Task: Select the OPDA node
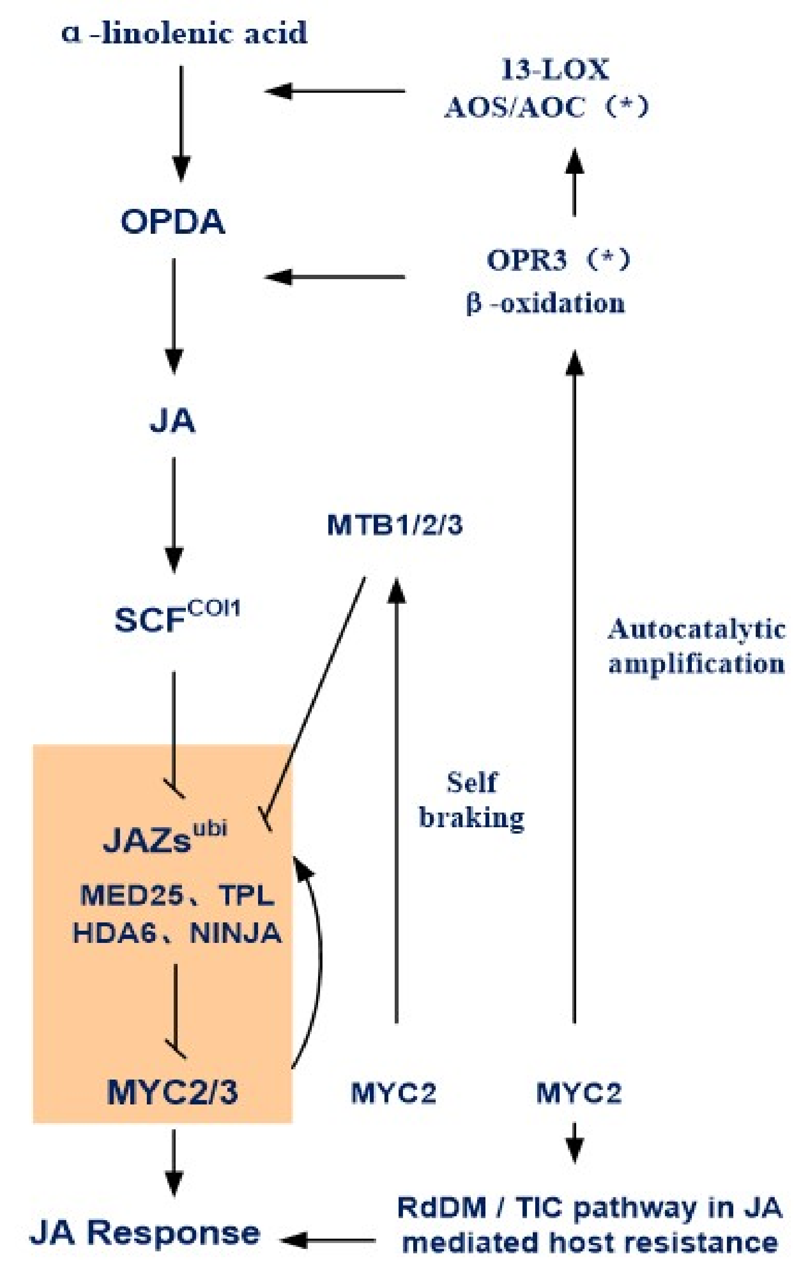click(173, 222)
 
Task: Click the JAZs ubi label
click(165, 838)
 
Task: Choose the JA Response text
click(145, 1232)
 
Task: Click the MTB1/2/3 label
click(395, 525)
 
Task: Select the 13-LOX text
click(555, 70)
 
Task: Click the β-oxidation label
click(546, 304)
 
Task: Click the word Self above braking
click(472, 782)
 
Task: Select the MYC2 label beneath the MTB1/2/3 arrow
click(393, 1093)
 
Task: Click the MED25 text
click(131, 895)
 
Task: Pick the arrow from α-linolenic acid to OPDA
click(181, 122)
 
